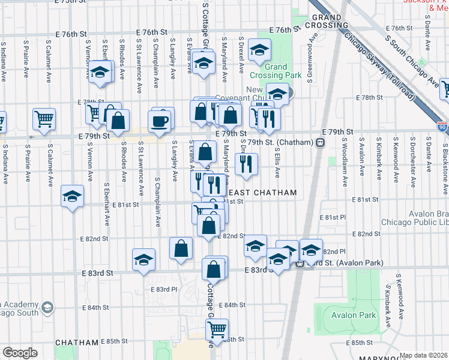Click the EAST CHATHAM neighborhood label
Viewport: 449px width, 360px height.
[x=263, y=193]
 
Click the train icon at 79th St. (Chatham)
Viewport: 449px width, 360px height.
[x=321, y=142]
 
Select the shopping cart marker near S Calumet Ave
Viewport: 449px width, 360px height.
[x=44, y=119]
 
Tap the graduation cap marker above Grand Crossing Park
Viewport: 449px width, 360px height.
[x=259, y=50]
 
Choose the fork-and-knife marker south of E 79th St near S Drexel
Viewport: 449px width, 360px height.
[x=246, y=164]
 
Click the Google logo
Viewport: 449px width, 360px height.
[x=20, y=353]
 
